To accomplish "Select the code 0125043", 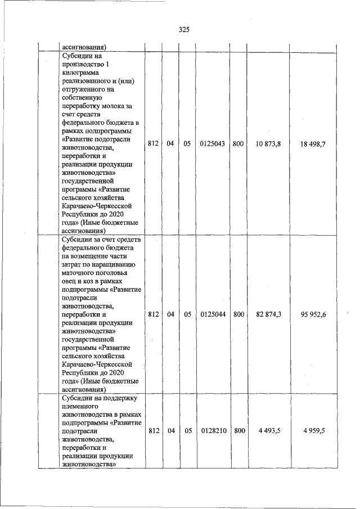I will pyautogui.click(x=212, y=144).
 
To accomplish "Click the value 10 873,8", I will pyautogui.click(x=268, y=144).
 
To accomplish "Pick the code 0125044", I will pyautogui.click(x=212, y=314).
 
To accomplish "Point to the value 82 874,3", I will pyautogui.click(x=268, y=314).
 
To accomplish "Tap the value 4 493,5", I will pyautogui.click(x=269, y=431).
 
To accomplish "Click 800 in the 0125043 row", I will pyautogui.click(x=238, y=144).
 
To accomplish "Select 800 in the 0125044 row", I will pyautogui.click(x=238, y=314).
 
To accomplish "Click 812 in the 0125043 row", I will pyautogui.click(x=152, y=144).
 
